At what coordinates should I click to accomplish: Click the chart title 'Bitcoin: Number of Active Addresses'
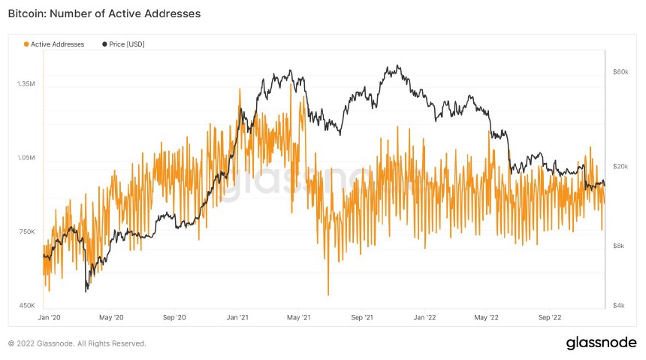click(104, 14)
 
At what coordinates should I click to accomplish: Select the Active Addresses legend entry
click(54, 44)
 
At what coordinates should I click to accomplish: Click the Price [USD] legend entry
click(123, 44)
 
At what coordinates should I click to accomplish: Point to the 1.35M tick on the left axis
click(26, 84)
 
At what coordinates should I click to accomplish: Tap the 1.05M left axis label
click(26, 159)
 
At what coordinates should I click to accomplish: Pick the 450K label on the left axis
click(26, 305)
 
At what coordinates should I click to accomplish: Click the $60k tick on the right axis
click(620, 72)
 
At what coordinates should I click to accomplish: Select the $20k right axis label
click(620, 166)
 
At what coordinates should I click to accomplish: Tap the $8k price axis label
click(618, 246)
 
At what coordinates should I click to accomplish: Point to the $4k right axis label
click(618, 305)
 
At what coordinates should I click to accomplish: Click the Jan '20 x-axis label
click(49, 318)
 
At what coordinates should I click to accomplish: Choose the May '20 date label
click(111, 318)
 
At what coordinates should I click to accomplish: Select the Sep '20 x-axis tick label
click(174, 318)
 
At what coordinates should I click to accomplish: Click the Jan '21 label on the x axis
click(237, 318)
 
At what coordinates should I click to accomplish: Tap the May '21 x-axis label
click(299, 318)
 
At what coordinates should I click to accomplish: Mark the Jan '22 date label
click(425, 318)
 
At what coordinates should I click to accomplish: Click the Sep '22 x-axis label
click(550, 318)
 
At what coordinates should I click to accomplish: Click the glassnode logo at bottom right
click(601, 343)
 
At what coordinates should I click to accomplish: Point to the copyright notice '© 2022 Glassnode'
click(77, 343)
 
